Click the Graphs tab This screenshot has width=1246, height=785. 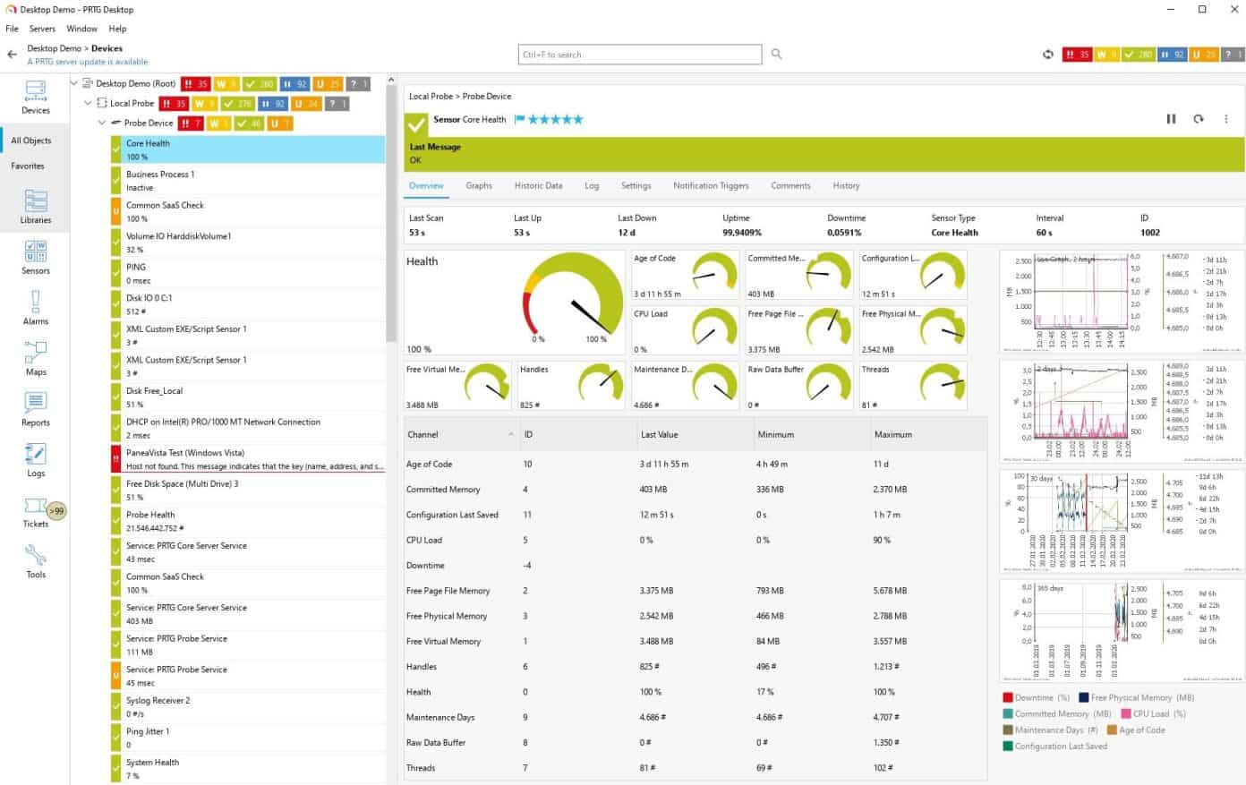[x=478, y=186]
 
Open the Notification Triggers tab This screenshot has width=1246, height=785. [x=711, y=186]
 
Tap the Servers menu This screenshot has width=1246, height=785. [x=42, y=29]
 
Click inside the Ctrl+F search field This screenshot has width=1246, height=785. [x=639, y=55]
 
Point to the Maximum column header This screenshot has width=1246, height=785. [x=892, y=435]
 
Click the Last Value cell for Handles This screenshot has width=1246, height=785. [x=650, y=667]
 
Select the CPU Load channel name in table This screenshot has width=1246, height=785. [x=424, y=541]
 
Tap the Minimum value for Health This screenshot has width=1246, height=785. [x=764, y=692]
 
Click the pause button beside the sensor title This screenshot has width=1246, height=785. [x=1171, y=119]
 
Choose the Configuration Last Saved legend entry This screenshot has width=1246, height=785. [x=1060, y=747]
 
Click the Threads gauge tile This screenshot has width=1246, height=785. [x=913, y=385]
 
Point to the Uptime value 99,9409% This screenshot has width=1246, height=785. [x=742, y=233]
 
